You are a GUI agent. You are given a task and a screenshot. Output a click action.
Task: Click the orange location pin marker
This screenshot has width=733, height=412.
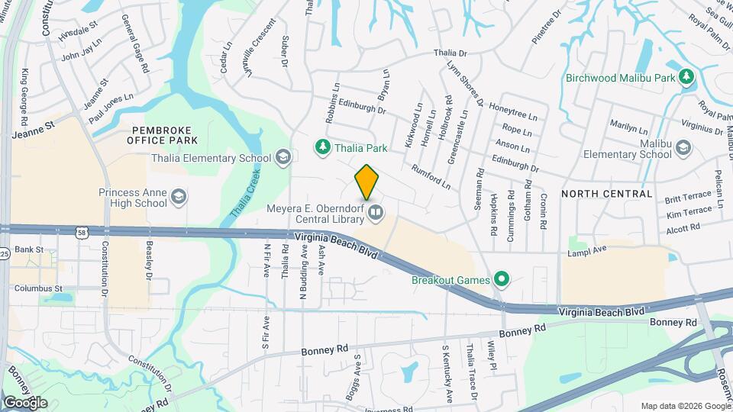pos(367,182)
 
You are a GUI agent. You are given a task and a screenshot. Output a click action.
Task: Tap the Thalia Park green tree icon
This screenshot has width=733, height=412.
pos(323,146)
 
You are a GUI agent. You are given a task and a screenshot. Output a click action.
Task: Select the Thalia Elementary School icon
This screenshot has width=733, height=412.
pos(283,158)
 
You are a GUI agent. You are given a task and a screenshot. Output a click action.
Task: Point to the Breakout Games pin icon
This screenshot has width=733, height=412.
pos(501,279)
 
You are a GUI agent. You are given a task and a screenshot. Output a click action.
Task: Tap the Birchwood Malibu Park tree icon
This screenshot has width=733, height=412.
pos(686,77)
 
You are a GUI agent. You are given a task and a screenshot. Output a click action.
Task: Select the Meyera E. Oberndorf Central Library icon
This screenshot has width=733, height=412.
pos(375,212)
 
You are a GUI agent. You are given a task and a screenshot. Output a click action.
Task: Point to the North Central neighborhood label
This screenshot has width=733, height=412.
pos(607,194)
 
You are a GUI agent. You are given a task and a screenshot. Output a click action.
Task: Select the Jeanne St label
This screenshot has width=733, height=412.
pos(35,133)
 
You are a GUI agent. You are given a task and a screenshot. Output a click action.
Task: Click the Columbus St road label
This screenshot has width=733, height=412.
pos(37,288)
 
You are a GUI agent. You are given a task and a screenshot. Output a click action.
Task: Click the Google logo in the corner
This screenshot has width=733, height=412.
pos(24,402)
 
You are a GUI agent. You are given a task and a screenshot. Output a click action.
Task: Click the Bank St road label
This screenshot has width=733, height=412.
pos(29,249)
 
